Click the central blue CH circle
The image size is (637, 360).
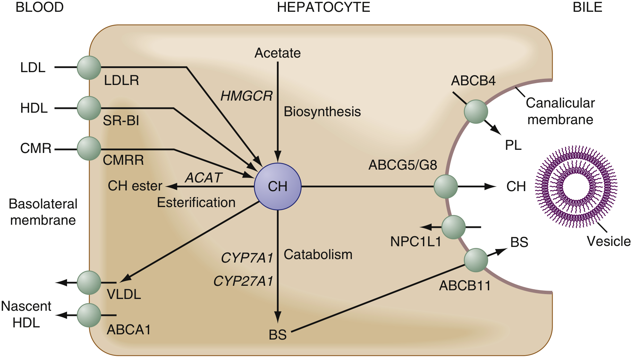tap(278, 187)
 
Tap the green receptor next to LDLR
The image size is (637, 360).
tap(89, 68)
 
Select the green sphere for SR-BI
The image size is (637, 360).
tap(89, 108)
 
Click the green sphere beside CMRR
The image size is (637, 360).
tap(89, 148)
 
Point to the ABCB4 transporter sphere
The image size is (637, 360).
tap(476, 112)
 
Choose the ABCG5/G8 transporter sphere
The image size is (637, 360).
tap(446, 187)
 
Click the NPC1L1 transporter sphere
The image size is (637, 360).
tap(453, 227)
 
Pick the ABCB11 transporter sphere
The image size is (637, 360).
tap(476, 260)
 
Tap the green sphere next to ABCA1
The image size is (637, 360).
tap(89, 315)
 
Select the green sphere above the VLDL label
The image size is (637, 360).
tap(89, 283)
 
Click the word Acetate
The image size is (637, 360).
tap(278, 53)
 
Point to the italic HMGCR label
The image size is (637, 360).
tap(247, 96)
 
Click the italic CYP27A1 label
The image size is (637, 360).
tap(243, 281)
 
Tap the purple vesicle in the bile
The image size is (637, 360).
tap(576, 187)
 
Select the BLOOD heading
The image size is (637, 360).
tap(40, 7)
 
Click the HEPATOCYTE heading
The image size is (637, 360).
tap(323, 7)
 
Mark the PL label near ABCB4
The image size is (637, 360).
tap(513, 145)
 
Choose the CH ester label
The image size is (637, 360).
tap(135, 186)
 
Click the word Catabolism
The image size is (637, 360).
tap(318, 255)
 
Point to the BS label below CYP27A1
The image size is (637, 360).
tap(278, 335)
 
